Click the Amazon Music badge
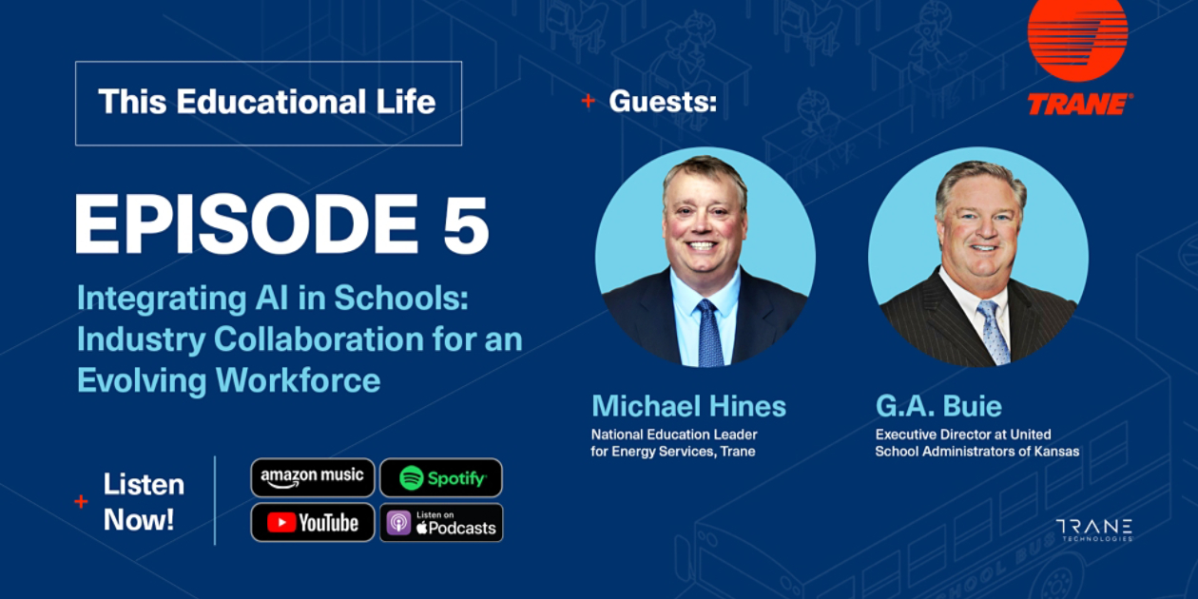(312, 477)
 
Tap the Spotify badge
(441, 477)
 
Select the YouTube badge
(312, 522)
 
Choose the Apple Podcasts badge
(441, 522)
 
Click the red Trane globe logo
(1077, 39)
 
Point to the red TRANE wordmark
(1079, 104)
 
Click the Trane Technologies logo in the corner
(1093, 530)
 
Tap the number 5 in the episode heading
(466, 224)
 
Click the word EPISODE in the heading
(246, 224)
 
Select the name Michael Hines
(688, 406)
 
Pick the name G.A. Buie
(938, 406)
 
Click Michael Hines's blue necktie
(709, 333)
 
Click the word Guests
(663, 101)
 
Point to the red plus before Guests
(588, 101)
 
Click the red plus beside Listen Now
(81, 501)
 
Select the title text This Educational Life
(267, 102)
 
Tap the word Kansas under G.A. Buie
(1056, 451)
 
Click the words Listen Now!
(144, 502)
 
